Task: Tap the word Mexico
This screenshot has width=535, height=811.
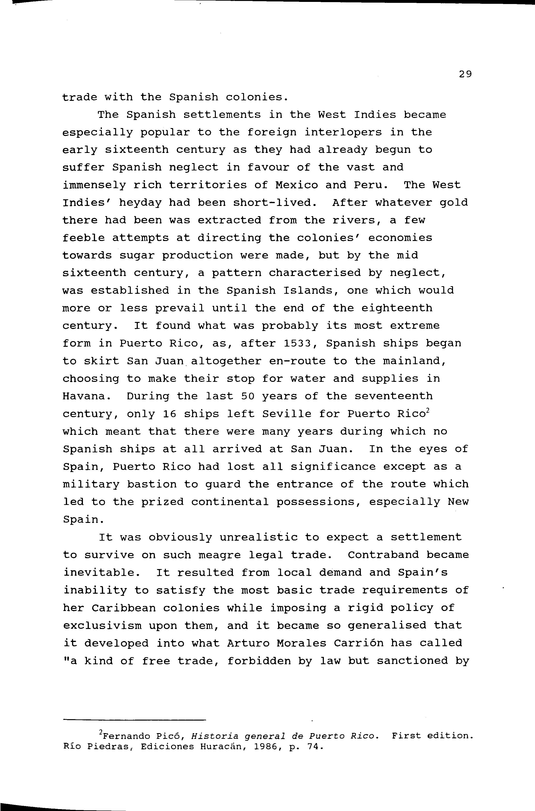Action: [296, 185]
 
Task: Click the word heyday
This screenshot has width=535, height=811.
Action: [140, 203]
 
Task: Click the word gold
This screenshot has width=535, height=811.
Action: [454, 203]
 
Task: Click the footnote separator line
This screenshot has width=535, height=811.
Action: [135, 720]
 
